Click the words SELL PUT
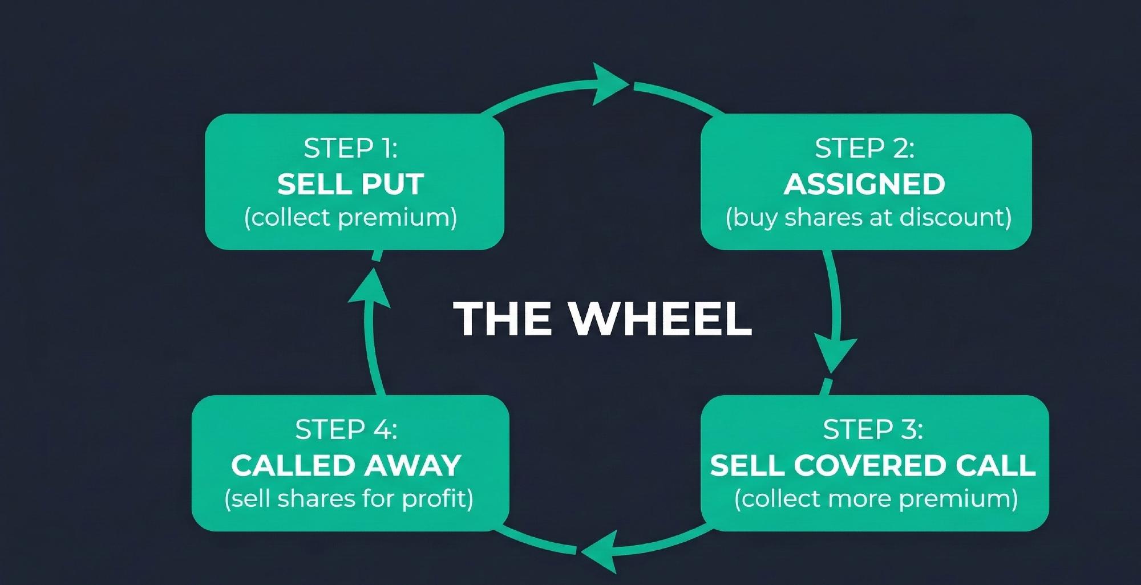pyautogui.click(x=350, y=184)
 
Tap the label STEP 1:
pyautogui.click(x=350, y=149)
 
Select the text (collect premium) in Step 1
pyautogui.click(x=350, y=218)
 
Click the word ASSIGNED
pyautogui.click(x=864, y=184)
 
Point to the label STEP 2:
pyautogui.click(x=864, y=149)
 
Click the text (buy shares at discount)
pyautogui.click(x=868, y=218)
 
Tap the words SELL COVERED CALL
pyautogui.click(x=873, y=465)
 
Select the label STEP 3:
pyautogui.click(x=873, y=430)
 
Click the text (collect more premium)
pyautogui.click(x=876, y=499)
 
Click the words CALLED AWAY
pyautogui.click(x=346, y=465)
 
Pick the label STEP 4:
pyautogui.click(x=346, y=430)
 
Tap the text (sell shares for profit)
pyautogui.click(x=349, y=499)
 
